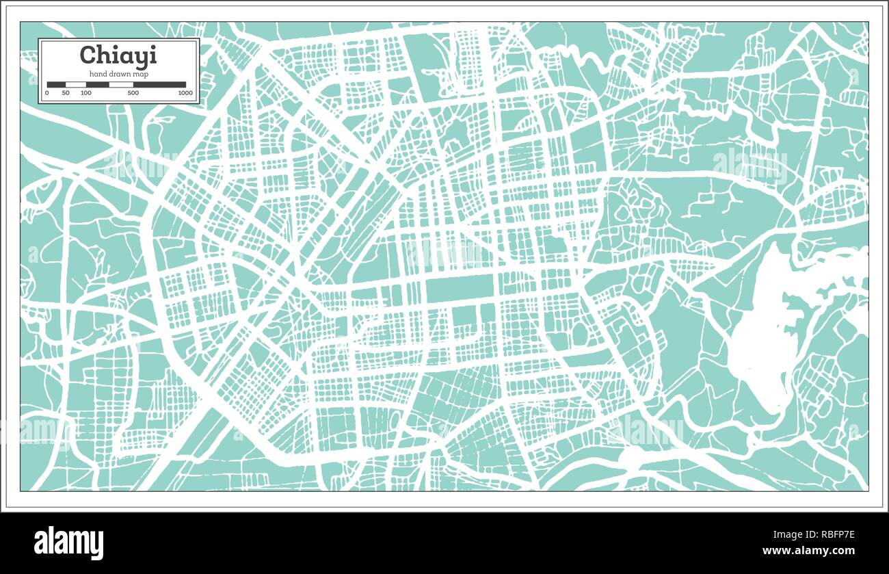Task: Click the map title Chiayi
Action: pyautogui.click(x=118, y=55)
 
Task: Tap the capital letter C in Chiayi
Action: pyautogui.click(x=88, y=55)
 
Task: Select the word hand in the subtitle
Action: pyautogui.click(x=98, y=74)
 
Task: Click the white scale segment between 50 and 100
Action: pyautogui.click(x=75, y=85)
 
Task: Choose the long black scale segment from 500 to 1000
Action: pyautogui.click(x=159, y=85)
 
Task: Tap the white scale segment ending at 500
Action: pyautogui.click(x=121, y=85)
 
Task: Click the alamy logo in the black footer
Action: pyautogui.click(x=68, y=543)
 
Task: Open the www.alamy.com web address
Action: pyautogui.click(x=808, y=551)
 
